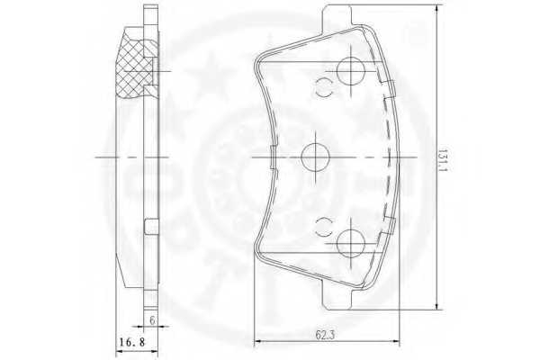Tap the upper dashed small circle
coord(323,88)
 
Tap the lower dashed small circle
coord(323,226)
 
